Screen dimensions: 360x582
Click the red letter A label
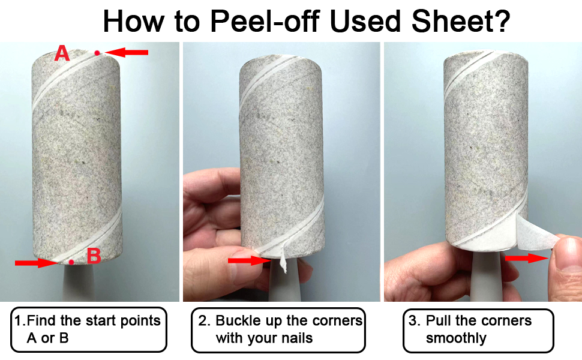click(62, 54)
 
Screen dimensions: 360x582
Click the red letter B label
click(93, 257)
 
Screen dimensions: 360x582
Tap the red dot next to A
click(97, 53)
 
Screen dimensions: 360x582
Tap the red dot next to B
click(71, 262)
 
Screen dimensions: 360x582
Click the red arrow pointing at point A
click(127, 53)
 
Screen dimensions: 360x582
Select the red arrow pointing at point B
click(35, 262)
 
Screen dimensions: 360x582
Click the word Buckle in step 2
click(236, 320)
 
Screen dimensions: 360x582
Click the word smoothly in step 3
click(456, 338)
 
